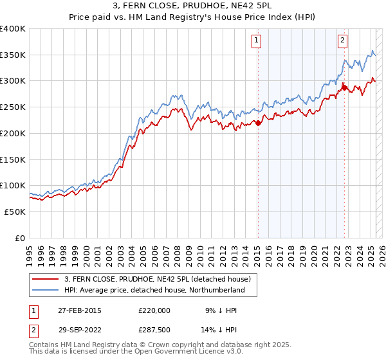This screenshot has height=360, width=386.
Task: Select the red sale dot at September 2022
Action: click(x=344, y=87)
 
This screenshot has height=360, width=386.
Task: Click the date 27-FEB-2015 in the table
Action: click(x=79, y=310)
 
